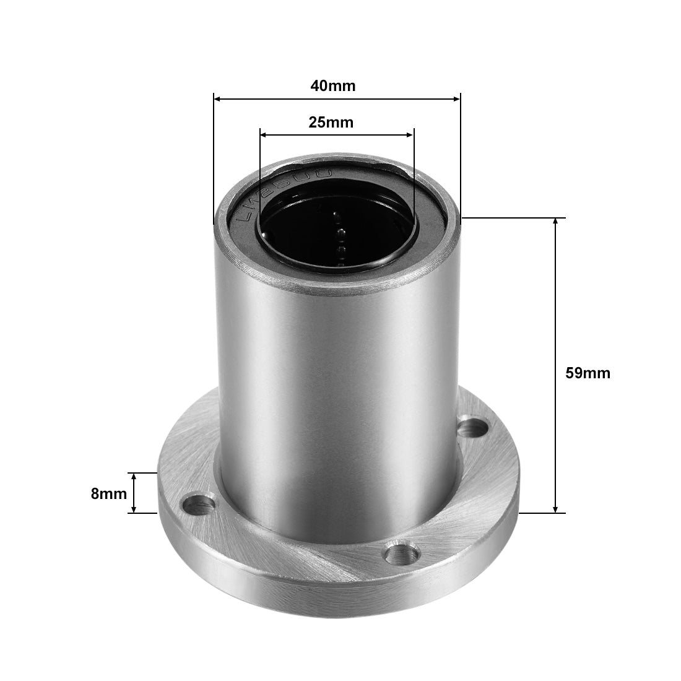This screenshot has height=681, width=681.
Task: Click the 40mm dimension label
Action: [333, 85]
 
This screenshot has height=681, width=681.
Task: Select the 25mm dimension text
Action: [331, 123]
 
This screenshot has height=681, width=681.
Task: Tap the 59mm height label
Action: [588, 373]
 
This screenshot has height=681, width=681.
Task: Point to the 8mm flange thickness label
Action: [108, 493]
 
